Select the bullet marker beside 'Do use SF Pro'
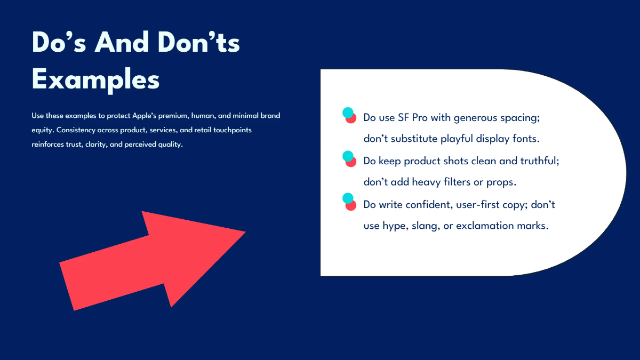pos(349,116)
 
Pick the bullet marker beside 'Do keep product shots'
pos(349,158)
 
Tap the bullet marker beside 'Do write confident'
pos(349,202)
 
